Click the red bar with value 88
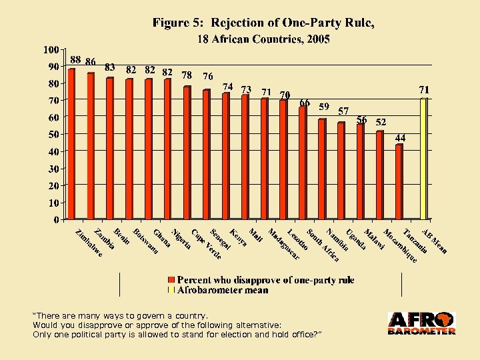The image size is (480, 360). coord(71,143)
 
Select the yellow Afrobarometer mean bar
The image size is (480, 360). coord(423,159)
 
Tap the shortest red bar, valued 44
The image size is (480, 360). coord(399,181)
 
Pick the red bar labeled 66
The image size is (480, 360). coord(303,163)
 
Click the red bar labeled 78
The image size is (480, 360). coord(187,153)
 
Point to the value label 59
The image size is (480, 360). coord(324,106)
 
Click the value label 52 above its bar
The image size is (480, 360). coord(380,123)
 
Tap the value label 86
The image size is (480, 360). coord(91,61)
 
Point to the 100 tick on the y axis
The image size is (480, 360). coord(51,49)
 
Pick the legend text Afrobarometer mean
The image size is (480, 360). coord(223,290)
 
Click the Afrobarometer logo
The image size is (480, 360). coord(421,323)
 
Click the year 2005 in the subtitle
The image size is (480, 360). coord(318,39)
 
